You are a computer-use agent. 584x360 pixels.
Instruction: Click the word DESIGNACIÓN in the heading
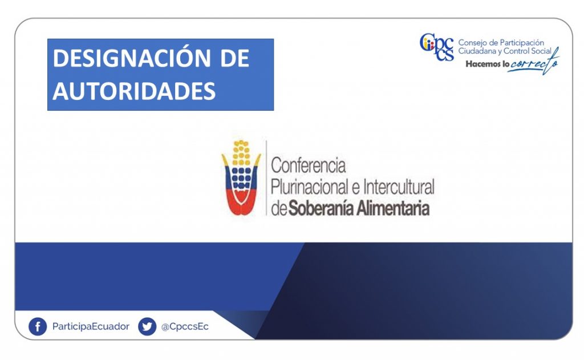click(x=132, y=58)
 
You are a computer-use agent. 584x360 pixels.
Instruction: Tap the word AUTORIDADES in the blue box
click(x=134, y=91)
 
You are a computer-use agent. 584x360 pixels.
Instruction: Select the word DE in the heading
click(x=234, y=58)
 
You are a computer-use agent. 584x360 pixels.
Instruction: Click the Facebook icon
click(x=38, y=327)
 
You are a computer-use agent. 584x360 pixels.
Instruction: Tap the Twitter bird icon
click(x=147, y=327)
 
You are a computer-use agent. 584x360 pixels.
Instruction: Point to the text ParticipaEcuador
click(x=91, y=326)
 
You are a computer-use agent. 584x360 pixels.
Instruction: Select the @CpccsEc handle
click(x=185, y=327)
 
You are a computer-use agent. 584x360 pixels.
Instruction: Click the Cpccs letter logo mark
click(x=437, y=47)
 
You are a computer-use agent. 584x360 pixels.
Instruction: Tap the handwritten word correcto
click(x=534, y=63)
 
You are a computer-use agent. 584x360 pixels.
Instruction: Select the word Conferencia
click(x=309, y=165)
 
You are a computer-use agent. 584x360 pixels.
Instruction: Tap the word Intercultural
click(x=399, y=187)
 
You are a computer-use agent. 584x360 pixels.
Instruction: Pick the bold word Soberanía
click(x=321, y=208)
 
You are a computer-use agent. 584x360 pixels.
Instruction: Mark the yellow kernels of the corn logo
click(x=241, y=153)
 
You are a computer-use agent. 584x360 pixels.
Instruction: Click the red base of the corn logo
click(x=241, y=203)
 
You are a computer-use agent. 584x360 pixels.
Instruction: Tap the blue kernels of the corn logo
click(x=241, y=178)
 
